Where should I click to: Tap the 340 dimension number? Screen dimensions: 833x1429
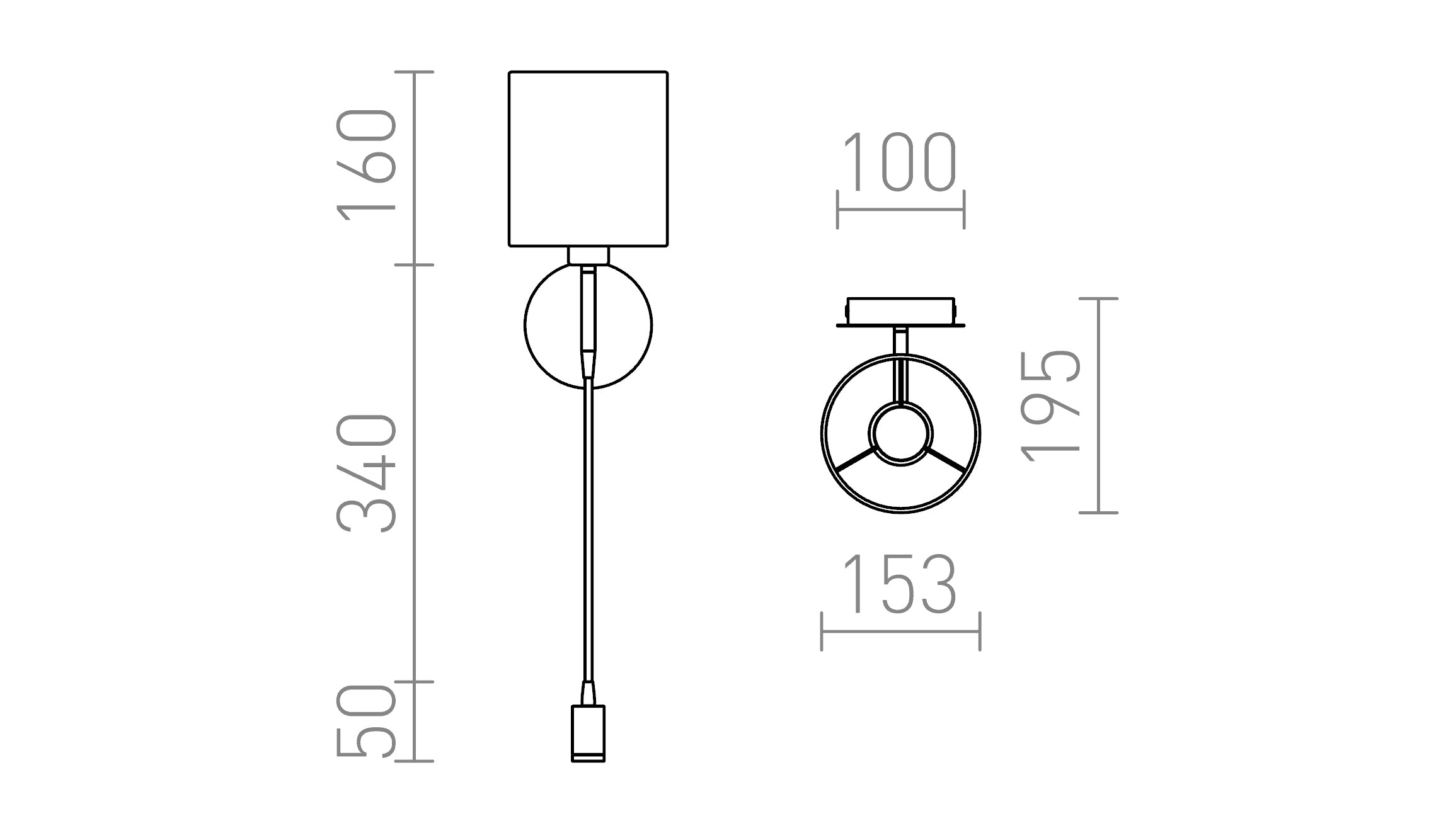[x=367, y=473]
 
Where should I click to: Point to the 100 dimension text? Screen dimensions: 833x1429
[x=899, y=162]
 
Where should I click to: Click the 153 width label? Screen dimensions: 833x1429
[x=899, y=584]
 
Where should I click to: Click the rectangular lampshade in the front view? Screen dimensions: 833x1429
[x=588, y=159]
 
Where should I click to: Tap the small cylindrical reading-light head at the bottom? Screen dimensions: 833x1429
[x=588, y=733]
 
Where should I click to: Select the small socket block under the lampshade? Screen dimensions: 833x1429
[x=588, y=256]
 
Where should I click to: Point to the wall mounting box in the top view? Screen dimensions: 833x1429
[x=900, y=310]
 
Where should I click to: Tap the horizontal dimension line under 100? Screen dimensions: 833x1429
[x=900, y=210]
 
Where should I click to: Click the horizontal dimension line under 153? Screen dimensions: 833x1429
[x=900, y=632]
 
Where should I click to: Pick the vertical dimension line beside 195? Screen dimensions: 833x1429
[x=1098, y=406]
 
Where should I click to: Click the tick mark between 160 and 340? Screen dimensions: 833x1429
[x=414, y=265]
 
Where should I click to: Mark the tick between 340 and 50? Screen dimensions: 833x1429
[x=414, y=682]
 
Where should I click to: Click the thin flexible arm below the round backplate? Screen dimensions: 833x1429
[x=588, y=535]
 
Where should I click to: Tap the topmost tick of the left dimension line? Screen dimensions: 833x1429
[x=414, y=72]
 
